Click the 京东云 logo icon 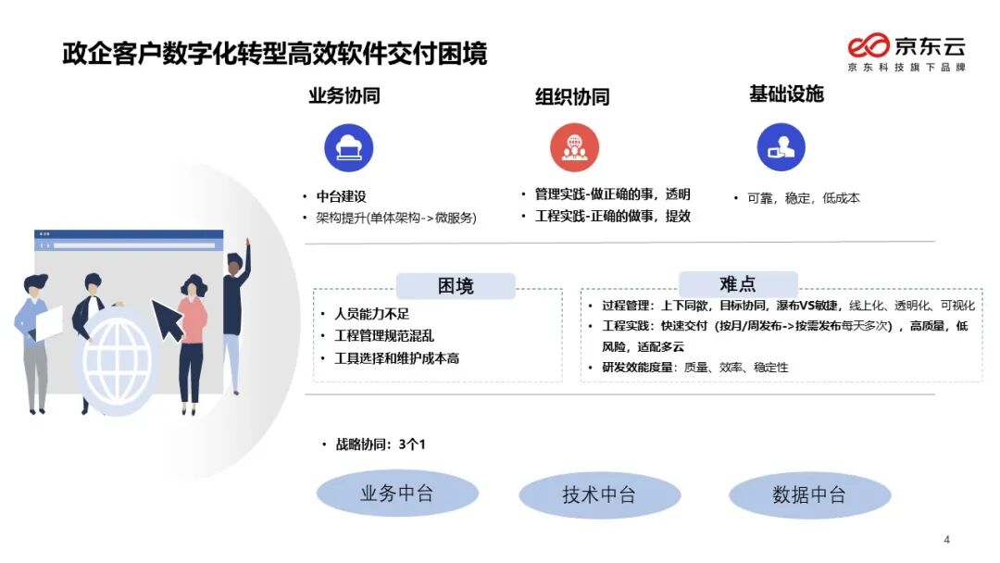coord(868,45)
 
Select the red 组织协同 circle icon coord(574,148)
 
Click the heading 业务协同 coord(344,95)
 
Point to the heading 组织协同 coord(571,96)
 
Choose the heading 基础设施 coord(785,94)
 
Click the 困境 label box coord(455,286)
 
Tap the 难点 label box coord(737,284)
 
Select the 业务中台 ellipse coord(396,494)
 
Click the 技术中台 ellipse coord(598,495)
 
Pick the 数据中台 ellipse coord(808,495)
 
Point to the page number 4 coord(946,540)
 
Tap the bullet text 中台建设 coord(342,196)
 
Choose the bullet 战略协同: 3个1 coord(379,444)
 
